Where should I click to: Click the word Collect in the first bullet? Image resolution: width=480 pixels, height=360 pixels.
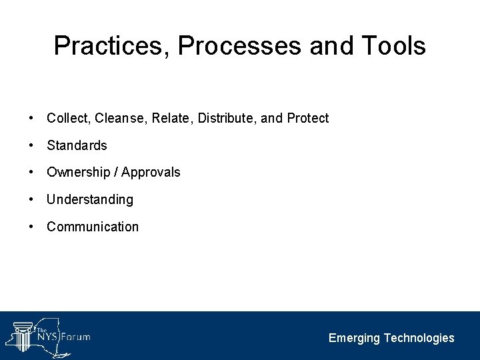click(x=69, y=119)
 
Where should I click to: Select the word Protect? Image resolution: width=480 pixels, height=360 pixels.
click(x=308, y=119)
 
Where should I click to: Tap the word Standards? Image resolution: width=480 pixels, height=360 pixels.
click(x=77, y=145)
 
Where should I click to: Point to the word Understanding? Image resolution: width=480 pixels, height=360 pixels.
click(x=90, y=200)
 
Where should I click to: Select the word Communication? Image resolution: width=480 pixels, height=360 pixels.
click(x=93, y=227)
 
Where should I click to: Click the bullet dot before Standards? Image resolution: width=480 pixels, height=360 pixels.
click(x=31, y=145)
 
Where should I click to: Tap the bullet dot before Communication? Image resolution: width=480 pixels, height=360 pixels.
click(x=31, y=227)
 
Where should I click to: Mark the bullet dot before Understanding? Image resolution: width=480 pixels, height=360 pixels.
click(x=31, y=200)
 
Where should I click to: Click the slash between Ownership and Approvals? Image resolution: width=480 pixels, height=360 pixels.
click(x=117, y=173)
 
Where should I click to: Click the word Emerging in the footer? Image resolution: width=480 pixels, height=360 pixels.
click(x=354, y=339)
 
